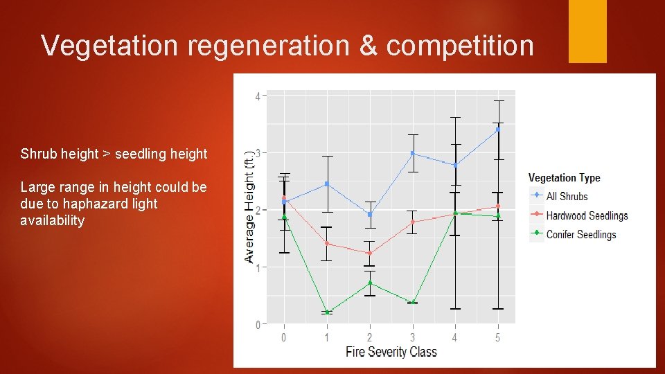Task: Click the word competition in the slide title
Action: tap(460, 46)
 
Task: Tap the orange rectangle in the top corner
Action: tap(587, 31)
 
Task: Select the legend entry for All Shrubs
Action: tap(567, 197)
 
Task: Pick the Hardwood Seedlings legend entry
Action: tap(587, 215)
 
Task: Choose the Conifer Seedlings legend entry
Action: tap(580, 235)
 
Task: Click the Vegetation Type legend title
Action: tap(564, 178)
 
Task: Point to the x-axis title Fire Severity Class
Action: tap(391, 352)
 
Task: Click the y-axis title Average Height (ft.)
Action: tap(249, 208)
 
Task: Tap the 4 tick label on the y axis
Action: tap(258, 96)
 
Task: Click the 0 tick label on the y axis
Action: tap(258, 324)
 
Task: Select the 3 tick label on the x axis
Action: tap(412, 337)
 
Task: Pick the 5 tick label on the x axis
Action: tap(497, 337)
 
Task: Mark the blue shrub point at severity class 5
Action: tap(497, 130)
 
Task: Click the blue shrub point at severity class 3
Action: tap(412, 153)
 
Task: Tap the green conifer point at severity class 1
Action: tap(327, 312)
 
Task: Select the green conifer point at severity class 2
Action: tap(370, 283)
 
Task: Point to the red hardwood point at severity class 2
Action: tap(370, 253)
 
